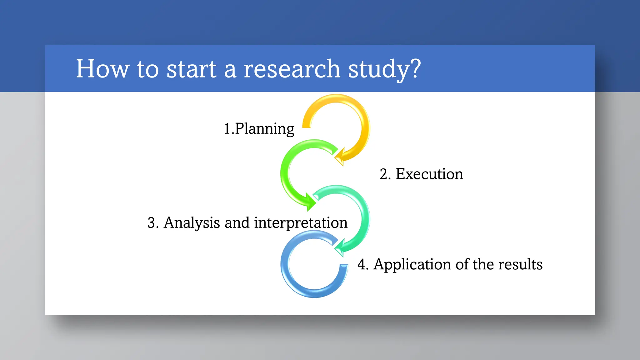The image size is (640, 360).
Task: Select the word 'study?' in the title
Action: coord(384,69)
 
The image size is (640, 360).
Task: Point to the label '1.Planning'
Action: coord(259,129)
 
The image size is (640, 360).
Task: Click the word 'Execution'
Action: coord(429,174)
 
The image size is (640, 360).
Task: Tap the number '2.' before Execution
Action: coord(385,174)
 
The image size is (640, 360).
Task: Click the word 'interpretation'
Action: coord(301,223)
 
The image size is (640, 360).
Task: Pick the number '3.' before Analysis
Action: coord(153,223)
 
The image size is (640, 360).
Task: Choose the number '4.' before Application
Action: coord(363,264)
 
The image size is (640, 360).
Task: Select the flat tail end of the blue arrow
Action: coord(344,267)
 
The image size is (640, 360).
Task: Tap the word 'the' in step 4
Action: coord(483,264)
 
